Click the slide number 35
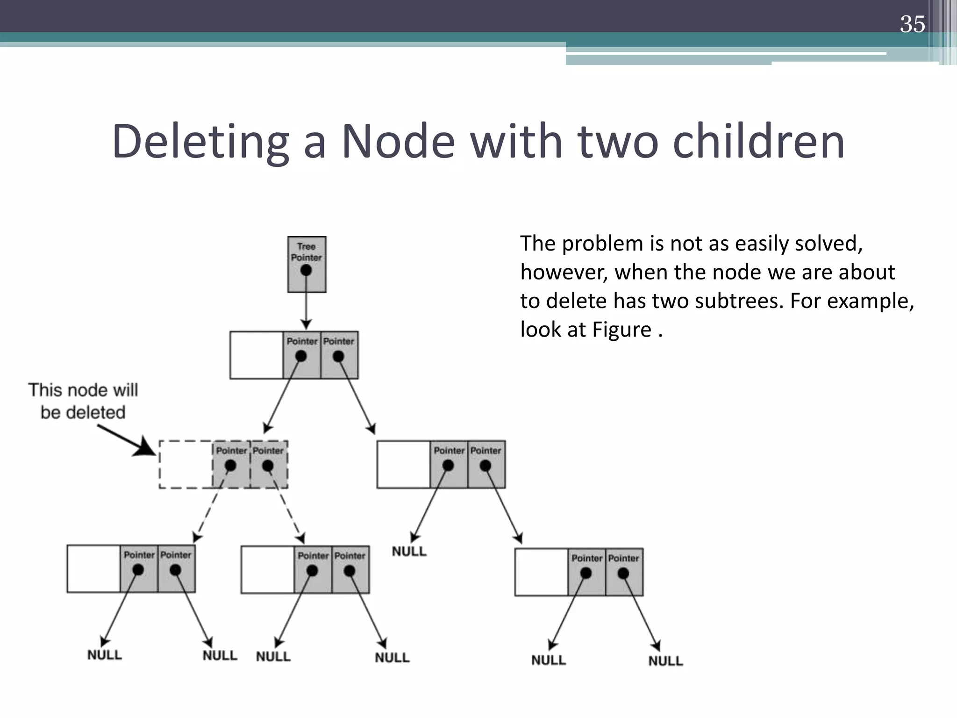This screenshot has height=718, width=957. coord(912,24)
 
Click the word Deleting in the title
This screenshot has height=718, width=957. coord(200,141)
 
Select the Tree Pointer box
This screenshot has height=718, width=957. coord(307,264)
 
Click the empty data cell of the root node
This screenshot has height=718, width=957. coord(257,355)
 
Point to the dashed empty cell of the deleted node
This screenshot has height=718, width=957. coord(186,465)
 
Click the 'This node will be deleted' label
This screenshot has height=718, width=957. coord(83,401)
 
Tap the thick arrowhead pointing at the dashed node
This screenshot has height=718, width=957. coord(146,449)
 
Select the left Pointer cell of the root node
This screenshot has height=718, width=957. coord(302,355)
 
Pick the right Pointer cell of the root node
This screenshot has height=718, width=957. coord(339,355)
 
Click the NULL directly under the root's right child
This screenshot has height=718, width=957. coord(409,552)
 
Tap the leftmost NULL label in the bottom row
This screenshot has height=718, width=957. coord(105,655)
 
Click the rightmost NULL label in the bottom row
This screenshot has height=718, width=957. coord(665,661)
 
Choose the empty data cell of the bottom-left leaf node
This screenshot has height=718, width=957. coord(93,569)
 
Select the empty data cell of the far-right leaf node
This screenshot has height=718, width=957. coord(541,572)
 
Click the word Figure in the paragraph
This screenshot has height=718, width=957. coord(621,330)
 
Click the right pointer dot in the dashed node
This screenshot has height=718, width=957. coord(268,466)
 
